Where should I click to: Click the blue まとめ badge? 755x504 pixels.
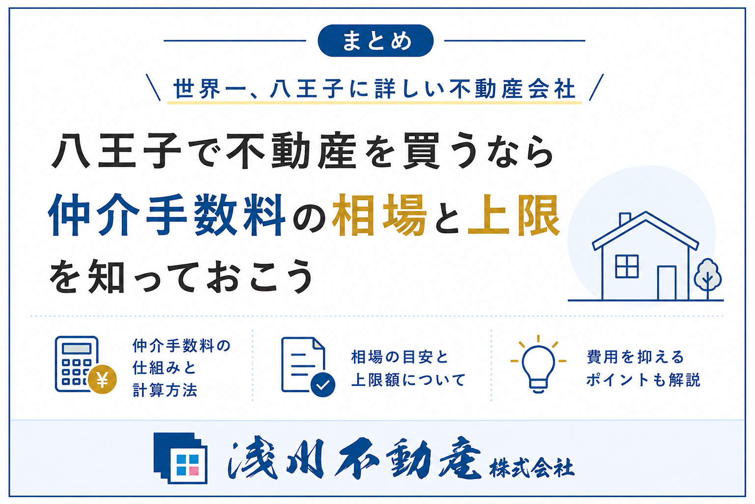coord(375,40)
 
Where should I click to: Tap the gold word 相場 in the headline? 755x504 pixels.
coord(379,215)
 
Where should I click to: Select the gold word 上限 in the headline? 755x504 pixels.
coord(514,215)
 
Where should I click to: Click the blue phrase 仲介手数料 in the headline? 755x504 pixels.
coord(167,215)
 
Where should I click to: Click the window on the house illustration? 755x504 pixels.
coord(627,266)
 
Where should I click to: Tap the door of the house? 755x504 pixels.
coord(667,283)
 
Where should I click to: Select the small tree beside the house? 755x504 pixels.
coord(708,279)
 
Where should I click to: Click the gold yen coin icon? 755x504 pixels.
coord(102,379)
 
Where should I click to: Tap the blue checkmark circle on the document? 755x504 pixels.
coord(322,384)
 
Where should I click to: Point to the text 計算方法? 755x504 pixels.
coord(165,390)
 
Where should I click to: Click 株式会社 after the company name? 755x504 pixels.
coord(532,468)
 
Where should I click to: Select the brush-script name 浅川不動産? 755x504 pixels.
coord(354,458)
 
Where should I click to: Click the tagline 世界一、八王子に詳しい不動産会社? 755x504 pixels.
coord(375,89)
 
